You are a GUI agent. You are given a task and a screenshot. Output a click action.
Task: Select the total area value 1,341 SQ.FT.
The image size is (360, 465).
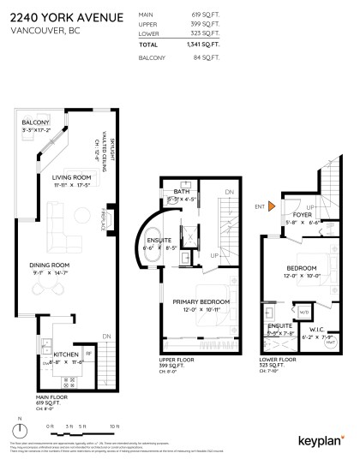(x=203, y=44)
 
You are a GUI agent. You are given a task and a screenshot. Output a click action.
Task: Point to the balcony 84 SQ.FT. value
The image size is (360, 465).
(x=207, y=57)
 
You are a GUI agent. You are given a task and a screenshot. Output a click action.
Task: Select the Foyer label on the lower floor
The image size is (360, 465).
(x=302, y=215)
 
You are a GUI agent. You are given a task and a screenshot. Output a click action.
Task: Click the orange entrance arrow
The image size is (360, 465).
(x=271, y=206)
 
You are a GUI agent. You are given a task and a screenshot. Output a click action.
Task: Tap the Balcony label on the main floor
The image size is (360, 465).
(x=36, y=123)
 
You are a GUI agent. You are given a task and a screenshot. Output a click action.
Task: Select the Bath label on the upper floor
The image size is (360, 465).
(x=181, y=192)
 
